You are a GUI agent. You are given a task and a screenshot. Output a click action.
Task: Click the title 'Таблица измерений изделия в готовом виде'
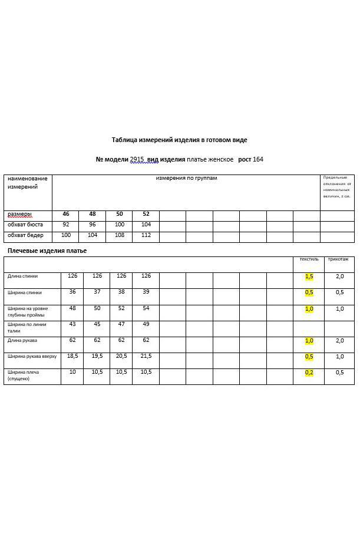coord(180,140)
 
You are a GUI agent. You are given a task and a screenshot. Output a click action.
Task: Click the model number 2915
coord(137,159)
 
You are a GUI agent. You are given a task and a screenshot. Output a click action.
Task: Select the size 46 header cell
coord(66,214)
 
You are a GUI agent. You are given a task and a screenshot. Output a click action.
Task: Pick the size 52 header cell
coord(146,214)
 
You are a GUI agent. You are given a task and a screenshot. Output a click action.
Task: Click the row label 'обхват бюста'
coord(25,225)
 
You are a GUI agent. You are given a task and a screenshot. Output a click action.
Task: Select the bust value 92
coord(66,225)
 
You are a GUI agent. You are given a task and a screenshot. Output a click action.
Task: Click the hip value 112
coord(146,235)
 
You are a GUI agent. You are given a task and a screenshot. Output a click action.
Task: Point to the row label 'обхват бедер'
coord(25,235)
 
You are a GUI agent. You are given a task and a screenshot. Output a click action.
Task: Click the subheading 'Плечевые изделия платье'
coord(47,251)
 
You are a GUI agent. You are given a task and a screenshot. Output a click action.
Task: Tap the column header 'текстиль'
coord(309,259)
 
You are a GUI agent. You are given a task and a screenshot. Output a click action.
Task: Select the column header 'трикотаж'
coord(338,259)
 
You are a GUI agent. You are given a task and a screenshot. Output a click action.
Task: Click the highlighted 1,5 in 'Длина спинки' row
coord(309,276)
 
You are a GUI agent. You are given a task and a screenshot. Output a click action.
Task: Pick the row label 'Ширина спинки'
coord(22,292)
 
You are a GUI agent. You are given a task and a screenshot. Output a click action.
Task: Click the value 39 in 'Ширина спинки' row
coord(146,292)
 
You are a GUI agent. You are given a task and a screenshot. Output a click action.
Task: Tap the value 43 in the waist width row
coord(72,324)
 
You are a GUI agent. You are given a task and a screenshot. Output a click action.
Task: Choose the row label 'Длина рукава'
coord(21,340)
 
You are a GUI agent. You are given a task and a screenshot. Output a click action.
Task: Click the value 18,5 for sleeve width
coord(72,356)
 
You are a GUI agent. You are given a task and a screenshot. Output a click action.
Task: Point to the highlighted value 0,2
coord(309,373)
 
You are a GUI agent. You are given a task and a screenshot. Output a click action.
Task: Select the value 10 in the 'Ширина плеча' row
coord(72,372)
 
